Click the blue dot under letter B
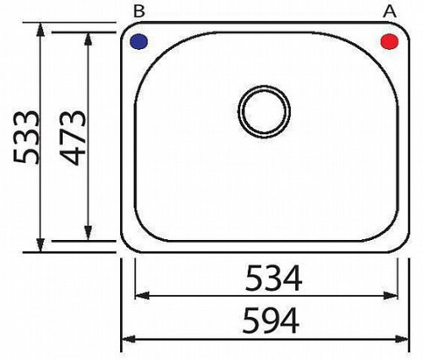139,41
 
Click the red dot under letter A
389,41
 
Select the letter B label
139,12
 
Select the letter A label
390,12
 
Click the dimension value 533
26,137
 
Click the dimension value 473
73,138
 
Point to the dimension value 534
273,278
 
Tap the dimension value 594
271,321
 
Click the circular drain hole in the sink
264,112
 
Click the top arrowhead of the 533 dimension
41,29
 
